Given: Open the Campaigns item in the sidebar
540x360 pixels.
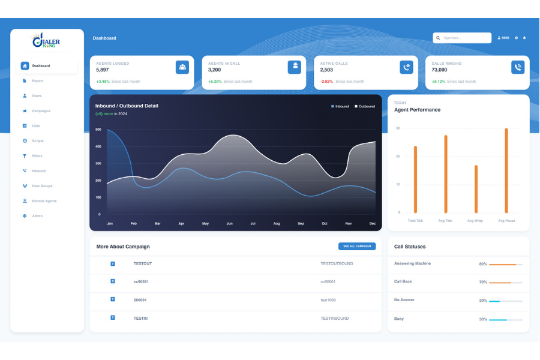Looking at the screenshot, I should pos(41,111).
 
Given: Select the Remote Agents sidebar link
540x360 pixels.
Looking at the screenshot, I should pos(44,201).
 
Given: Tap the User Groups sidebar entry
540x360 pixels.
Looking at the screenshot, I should pos(42,186).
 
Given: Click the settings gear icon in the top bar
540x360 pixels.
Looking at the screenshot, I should pos(516,38).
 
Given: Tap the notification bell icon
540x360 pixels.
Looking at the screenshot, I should pos(524,38).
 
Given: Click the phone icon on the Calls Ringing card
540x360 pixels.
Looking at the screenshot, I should pos(518,67).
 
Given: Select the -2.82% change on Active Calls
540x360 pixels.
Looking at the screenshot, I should pos(326,82).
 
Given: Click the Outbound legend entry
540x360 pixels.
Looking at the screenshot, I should pos(365,106).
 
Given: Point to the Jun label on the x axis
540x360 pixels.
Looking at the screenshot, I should pos(229,223).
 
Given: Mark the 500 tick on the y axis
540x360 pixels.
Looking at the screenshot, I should pos(98,130).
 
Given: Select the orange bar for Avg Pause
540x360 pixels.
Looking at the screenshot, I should pos(506,170).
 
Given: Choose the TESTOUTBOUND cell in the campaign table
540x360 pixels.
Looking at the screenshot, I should pos(337,263).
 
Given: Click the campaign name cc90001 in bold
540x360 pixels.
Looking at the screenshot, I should pos(141,281).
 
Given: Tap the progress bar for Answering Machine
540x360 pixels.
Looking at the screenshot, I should pos(505,265).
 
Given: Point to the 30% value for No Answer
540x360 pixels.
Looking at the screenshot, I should pos(482,301).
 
